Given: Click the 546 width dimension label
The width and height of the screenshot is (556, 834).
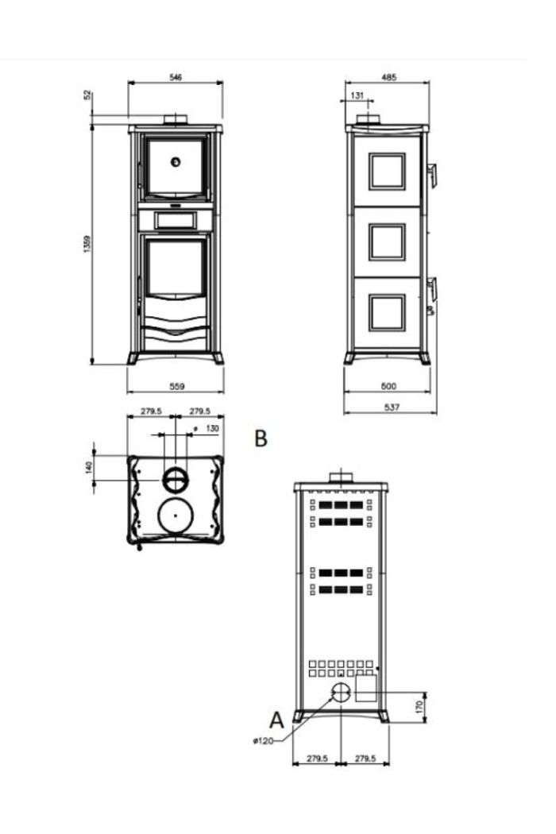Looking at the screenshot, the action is point(175,77).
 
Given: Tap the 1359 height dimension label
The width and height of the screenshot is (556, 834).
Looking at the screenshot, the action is point(87,244).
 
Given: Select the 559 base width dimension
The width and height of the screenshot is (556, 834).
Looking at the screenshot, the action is point(176,386).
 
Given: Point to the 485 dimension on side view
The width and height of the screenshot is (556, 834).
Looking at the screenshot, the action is point(389,77).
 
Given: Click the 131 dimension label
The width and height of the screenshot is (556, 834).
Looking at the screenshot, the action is point(357,95).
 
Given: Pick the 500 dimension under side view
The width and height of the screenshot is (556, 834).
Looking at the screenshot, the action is point(389,386).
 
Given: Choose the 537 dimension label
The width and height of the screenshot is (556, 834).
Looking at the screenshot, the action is point(391,407).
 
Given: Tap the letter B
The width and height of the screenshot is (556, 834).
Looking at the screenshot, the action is point(261,438).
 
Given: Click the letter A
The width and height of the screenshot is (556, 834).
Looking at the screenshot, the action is point(276,720).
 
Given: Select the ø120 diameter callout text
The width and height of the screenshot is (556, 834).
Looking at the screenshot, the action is point(263,740).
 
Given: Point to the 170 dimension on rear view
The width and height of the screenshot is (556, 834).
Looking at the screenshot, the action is point(419,707).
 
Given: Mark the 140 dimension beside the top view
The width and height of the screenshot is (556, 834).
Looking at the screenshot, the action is point(89,467).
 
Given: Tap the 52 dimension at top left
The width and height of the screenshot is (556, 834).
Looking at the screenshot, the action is point(88,96).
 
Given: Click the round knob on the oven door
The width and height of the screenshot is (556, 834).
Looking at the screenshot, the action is point(175,162).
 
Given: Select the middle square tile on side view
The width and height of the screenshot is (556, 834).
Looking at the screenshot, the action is point(388,242).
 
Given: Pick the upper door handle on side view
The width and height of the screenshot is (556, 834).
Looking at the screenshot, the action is point(433,175).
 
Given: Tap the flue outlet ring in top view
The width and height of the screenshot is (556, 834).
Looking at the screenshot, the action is point(175,481).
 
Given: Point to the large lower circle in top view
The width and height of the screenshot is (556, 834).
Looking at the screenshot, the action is point(175,515).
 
